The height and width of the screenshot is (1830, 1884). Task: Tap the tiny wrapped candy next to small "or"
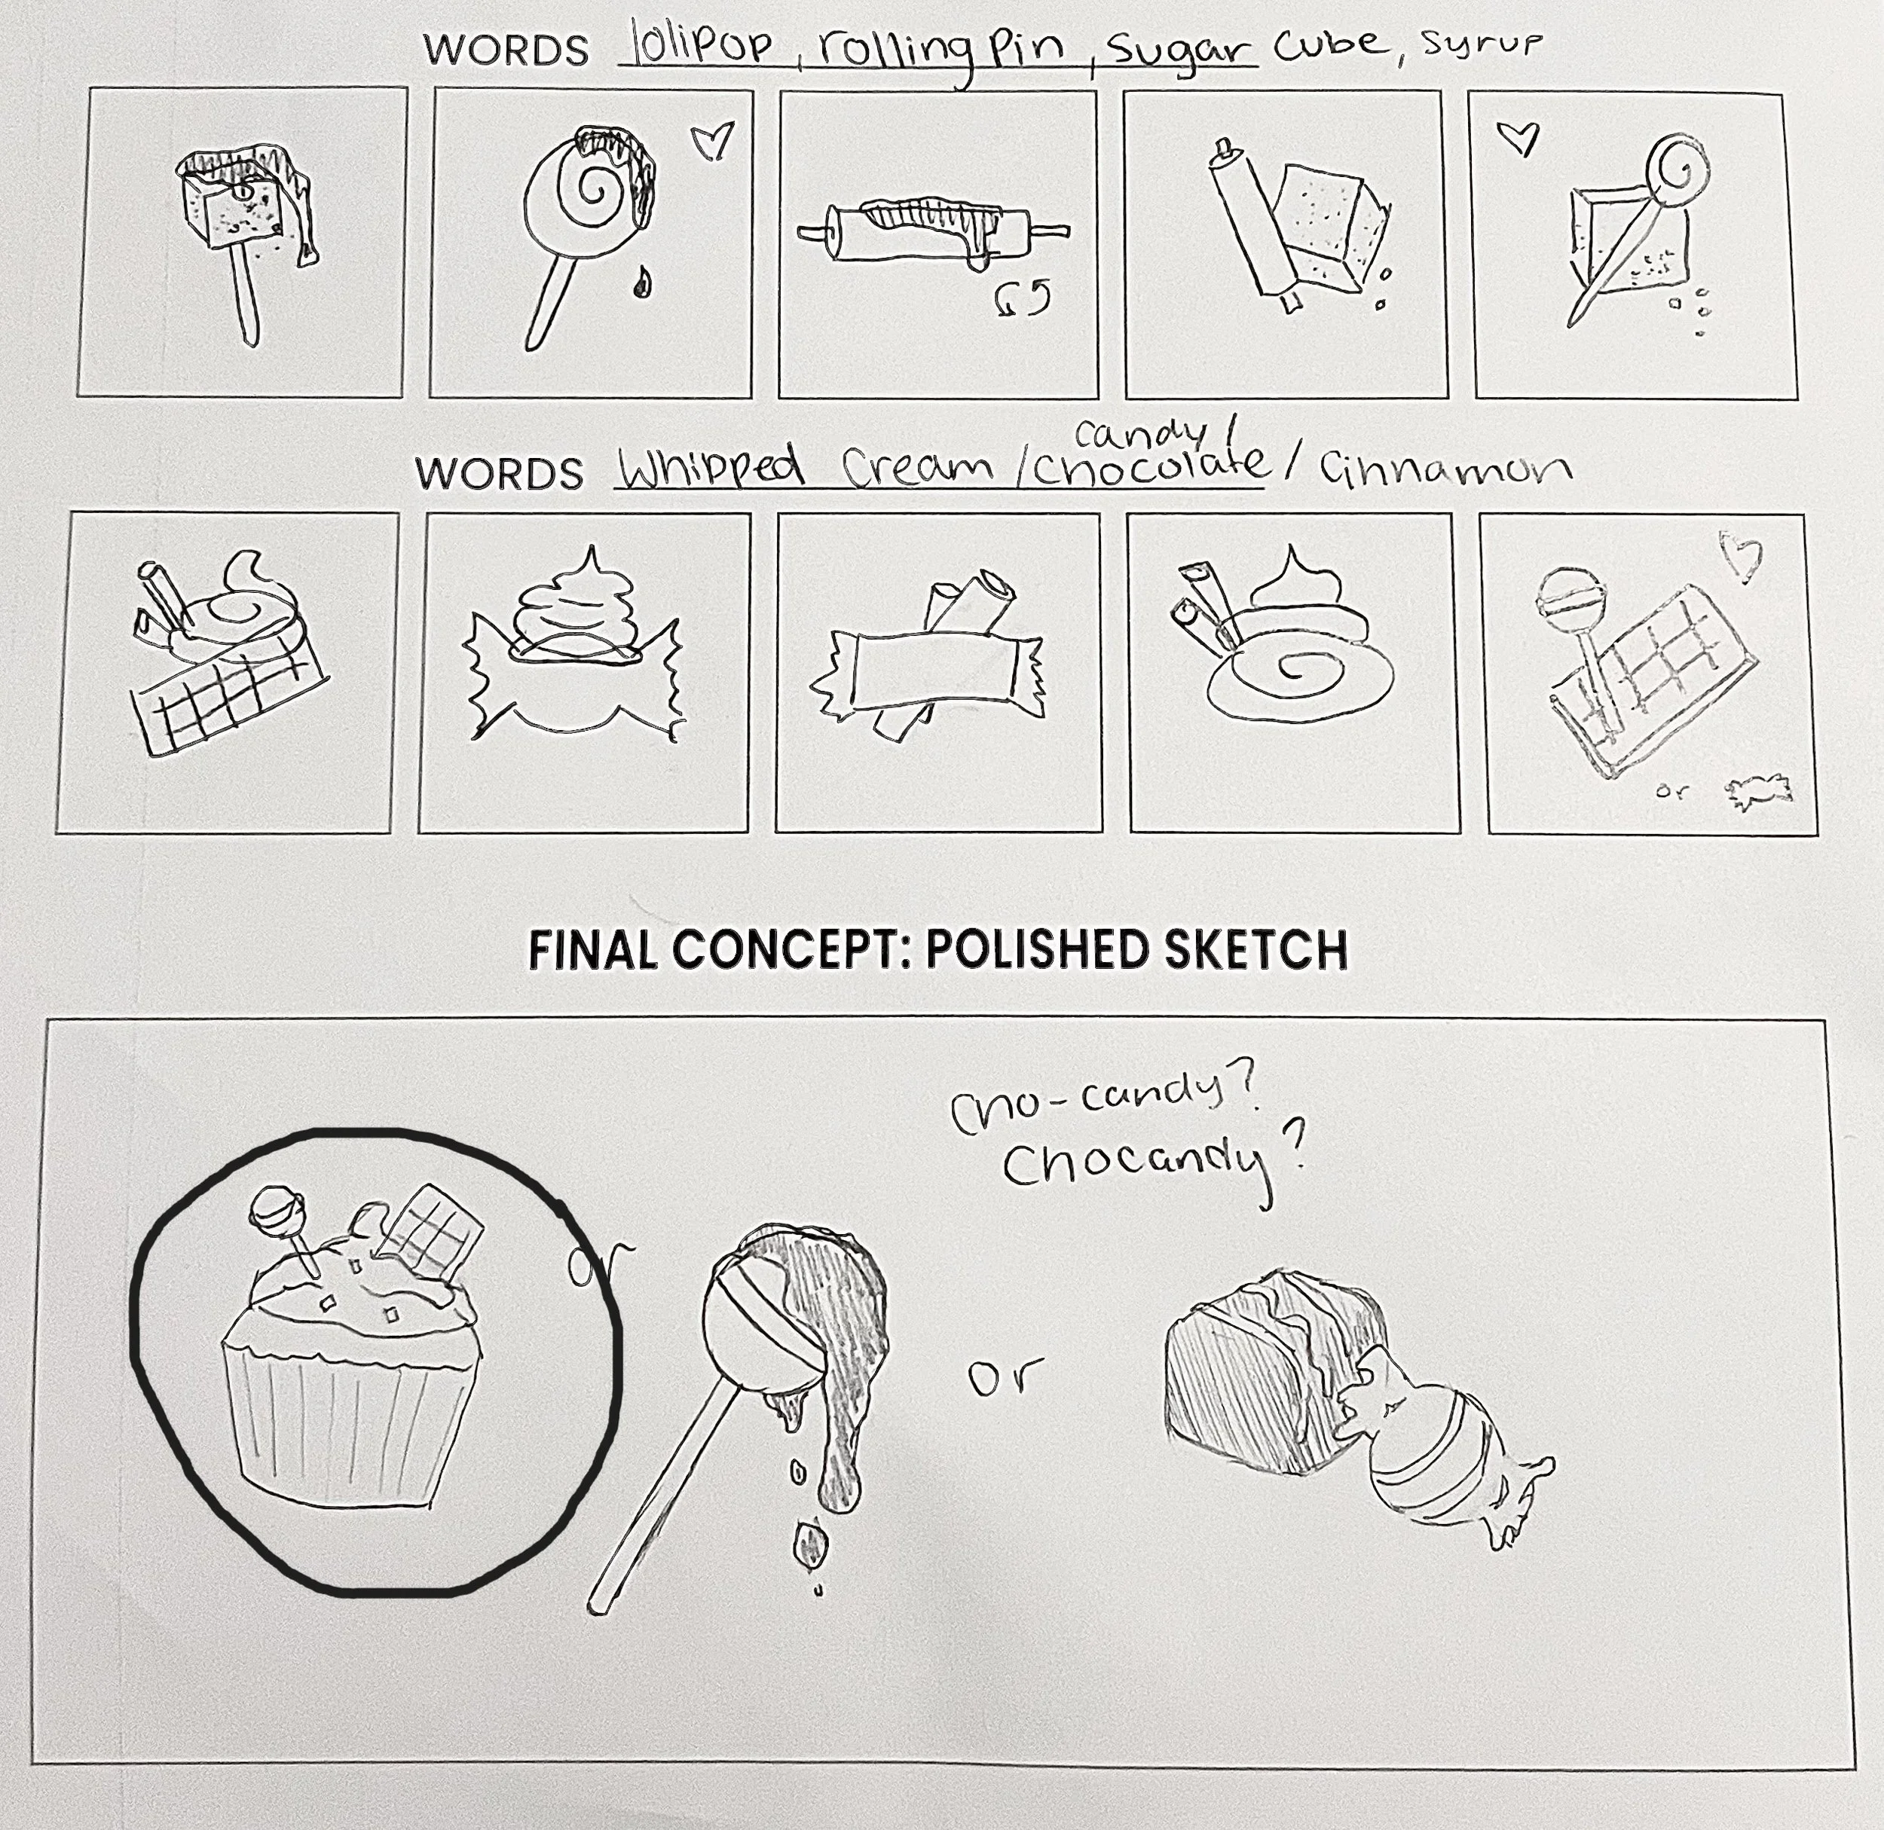tap(1761, 792)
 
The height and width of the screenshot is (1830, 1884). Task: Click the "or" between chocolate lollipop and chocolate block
tap(1005, 1377)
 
